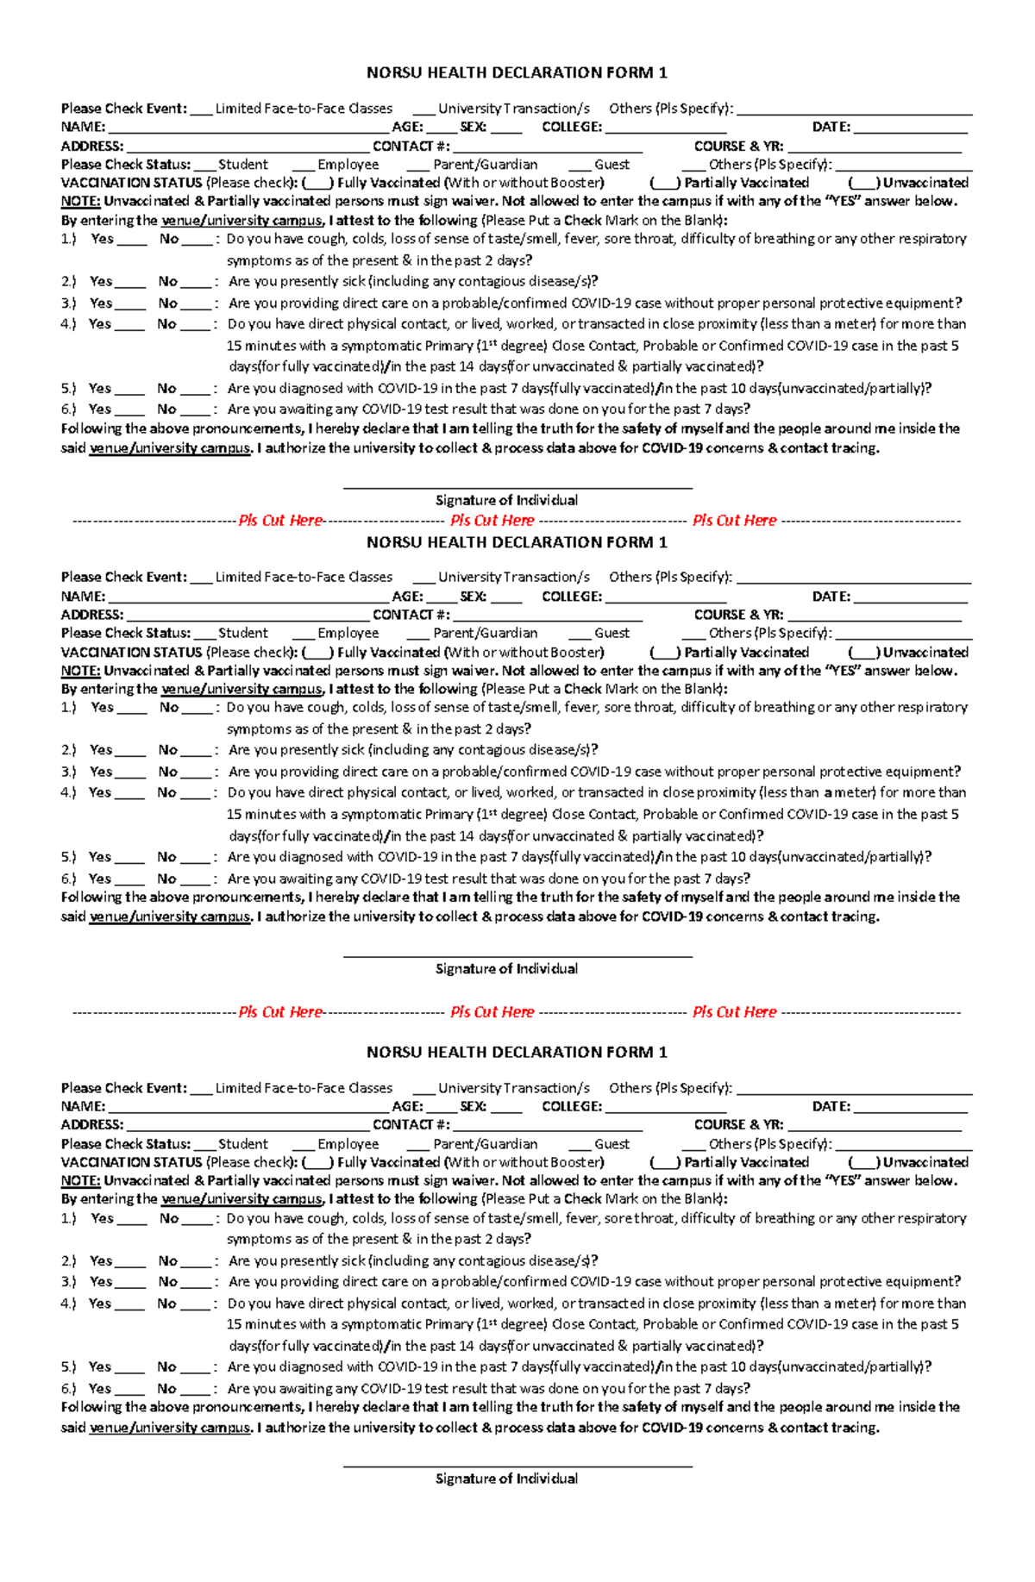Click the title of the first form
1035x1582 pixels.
517,72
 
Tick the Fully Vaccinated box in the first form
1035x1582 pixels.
317,183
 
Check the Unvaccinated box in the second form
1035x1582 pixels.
864,653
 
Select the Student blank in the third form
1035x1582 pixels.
204,1145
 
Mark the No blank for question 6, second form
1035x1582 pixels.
197,880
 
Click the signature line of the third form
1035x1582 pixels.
517,1465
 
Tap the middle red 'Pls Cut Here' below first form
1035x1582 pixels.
492,521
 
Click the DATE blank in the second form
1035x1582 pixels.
910,597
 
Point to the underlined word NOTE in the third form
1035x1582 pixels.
80,1181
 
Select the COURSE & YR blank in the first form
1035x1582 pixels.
874,147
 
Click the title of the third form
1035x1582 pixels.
517,1052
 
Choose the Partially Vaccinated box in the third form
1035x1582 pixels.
665,1162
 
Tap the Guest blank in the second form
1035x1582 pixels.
580,634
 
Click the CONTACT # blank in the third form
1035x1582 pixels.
547,1126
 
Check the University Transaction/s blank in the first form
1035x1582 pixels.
423,109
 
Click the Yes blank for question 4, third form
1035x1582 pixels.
129,1305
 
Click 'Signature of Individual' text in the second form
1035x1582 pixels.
506,969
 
